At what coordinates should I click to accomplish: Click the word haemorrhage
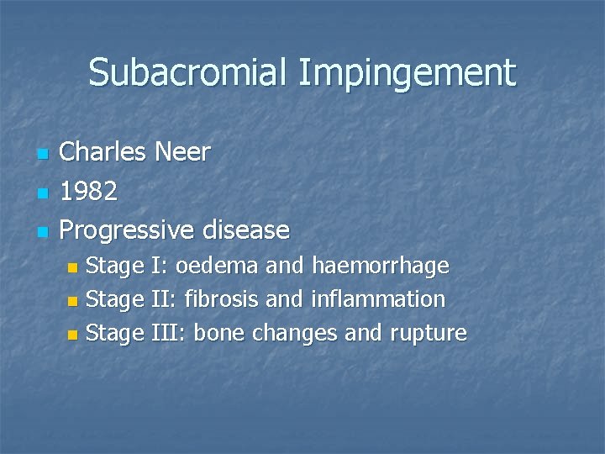(x=381, y=267)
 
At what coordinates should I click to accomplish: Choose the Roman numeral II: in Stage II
(x=164, y=299)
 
